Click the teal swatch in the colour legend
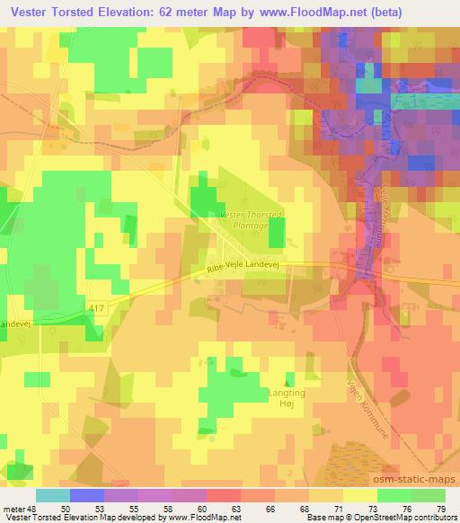click(x=52, y=495)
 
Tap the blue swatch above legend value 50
click(x=86, y=495)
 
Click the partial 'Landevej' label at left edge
click(x=17, y=325)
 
